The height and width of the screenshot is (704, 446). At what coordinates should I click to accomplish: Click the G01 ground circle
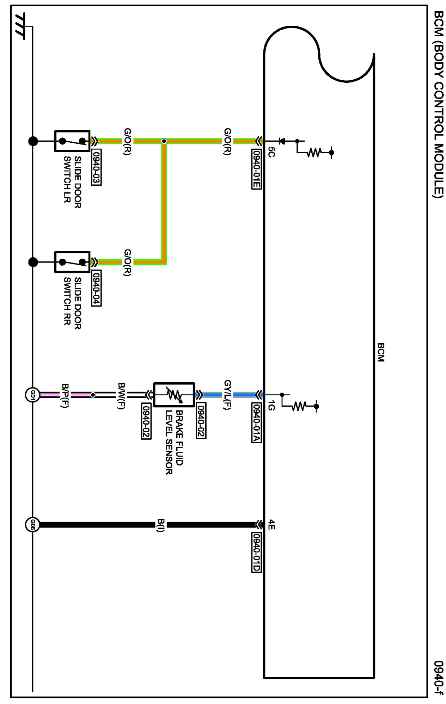coord(32,394)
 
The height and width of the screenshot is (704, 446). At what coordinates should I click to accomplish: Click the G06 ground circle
coord(32,525)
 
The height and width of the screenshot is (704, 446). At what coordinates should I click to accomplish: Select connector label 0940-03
coord(96,167)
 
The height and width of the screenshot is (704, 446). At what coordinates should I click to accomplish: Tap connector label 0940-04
coord(96,288)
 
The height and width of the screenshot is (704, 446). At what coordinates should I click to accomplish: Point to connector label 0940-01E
coord(256,169)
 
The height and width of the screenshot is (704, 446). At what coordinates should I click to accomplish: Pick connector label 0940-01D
coord(256,552)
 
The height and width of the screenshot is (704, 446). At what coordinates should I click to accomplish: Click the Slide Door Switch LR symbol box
coord(72,141)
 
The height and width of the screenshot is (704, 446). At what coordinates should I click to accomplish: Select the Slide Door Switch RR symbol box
coord(72,262)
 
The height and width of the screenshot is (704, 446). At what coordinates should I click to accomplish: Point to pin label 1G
coord(271,406)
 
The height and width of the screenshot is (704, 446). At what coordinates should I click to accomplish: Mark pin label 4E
coord(271,525)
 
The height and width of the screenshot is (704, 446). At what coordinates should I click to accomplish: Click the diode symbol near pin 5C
coord(281,141)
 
